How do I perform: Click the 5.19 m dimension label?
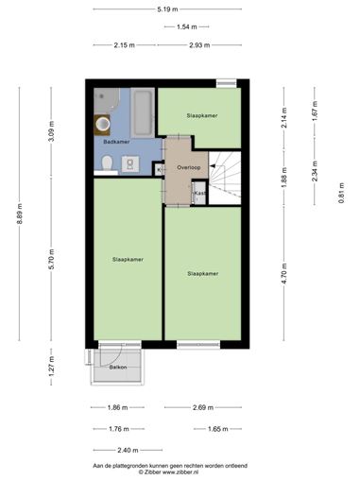tap(167, 9)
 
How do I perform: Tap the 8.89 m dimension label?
tap(20, 214)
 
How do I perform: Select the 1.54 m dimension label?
tap(187, 27)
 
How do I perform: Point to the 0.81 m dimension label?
tap(341, 193)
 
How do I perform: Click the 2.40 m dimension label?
tap(128, 451)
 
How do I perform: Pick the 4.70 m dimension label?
tap(284, 273)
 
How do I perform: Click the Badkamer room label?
tap(116, 142)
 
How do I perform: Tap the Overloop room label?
tap(189, 167)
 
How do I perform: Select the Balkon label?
tap(118, 368)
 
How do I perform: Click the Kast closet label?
tap(199, 193)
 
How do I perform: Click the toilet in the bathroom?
tap(108, 163)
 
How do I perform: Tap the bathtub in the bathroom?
tap(143, 112)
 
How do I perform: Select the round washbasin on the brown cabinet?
tap(102, 124)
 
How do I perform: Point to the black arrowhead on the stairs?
tap(213, 166)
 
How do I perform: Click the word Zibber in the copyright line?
tap(152, 472)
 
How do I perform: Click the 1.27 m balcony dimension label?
tap(52, 367)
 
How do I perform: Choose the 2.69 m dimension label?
tap(203, 407)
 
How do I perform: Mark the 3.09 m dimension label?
tap(52, 131)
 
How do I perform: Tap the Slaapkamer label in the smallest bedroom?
tap(202, 115)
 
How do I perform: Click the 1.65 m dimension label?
tap(218, 429)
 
